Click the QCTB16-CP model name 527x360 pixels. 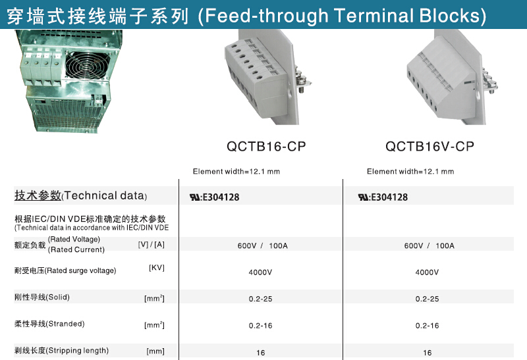coord(266,146)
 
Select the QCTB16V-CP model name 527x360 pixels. coord(430,146)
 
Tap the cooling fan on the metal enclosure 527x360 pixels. coord(88,66)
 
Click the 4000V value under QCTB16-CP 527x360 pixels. coord(260,272)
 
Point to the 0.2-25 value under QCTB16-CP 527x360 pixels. coord(260,299)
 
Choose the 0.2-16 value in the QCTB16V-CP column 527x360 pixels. coord(427,325)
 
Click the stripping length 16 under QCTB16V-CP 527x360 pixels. coord(427,353)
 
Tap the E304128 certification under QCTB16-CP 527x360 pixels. coord(215,197)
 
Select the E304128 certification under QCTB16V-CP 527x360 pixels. coord(383,197)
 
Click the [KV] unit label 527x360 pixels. coord(157,268)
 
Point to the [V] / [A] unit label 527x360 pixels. coord(152,244)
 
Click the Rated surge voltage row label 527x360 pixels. coord(65,270)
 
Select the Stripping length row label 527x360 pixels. coord(61,351)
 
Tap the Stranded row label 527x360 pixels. coord(49,324)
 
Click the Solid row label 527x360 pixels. coord(42,297)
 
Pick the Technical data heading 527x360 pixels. coord(80,195)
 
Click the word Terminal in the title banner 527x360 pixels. coord(373,15)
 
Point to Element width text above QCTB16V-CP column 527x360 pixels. coord(410,172)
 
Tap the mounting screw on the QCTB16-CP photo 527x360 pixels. coord(302,82)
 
